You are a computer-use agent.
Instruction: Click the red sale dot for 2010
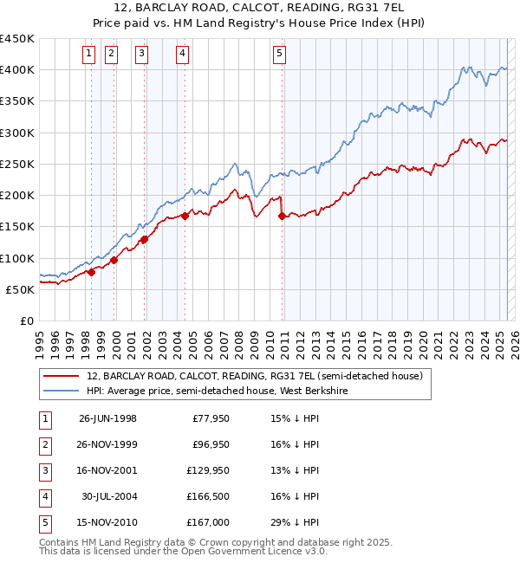[283, 217]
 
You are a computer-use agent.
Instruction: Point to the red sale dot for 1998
[91, 272]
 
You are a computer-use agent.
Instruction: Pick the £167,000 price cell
[208, 522]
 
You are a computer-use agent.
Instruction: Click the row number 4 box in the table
[44, 496]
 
